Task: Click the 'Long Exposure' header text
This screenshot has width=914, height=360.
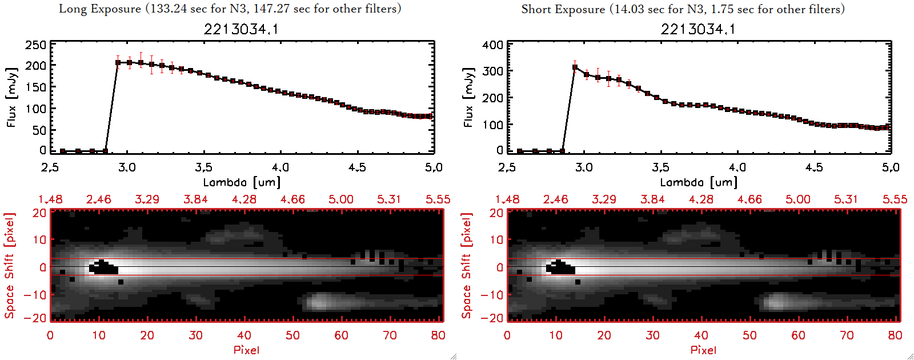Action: click(100, 9)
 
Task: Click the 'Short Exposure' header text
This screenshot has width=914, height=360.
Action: click(563, 9)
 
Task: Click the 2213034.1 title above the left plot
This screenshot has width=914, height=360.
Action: click(241, 29)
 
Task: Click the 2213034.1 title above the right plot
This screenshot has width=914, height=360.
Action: click(698, 29)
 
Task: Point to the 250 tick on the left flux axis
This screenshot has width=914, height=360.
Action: click(36, 45)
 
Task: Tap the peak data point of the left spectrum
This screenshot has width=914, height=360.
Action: click(118, 62)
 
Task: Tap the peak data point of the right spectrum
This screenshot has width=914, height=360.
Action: click(575, 67)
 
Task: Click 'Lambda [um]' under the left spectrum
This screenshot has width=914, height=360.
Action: click(242, 182)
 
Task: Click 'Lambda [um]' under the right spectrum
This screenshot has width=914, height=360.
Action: click(699, 182)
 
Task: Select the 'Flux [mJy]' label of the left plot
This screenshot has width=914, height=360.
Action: click(12, 97)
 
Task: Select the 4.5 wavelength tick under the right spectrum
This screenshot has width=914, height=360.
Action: click(814, 167)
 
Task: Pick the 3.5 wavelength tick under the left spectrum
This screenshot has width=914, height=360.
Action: click(203, 167)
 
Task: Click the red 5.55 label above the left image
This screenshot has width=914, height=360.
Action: click(438, 199)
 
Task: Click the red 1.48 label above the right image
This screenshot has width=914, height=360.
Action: click(507, 199)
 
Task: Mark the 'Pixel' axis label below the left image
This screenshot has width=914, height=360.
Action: click(246, 350)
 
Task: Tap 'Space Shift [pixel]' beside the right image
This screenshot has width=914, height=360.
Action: click(467, 266)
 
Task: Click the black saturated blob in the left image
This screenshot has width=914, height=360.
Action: click(103, 268)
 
